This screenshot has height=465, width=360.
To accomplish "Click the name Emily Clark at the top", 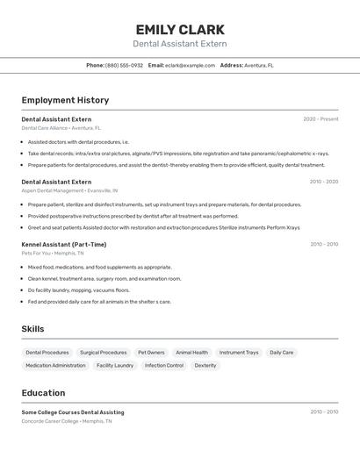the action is point(180,30).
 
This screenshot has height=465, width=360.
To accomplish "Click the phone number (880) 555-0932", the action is point(124,65).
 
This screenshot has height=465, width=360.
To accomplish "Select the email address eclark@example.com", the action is point(191,65).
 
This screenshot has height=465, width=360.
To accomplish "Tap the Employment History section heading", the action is point(65,100).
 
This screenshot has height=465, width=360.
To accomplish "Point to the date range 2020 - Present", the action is point(320,119).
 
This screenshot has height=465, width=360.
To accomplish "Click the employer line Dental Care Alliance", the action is point(61,128).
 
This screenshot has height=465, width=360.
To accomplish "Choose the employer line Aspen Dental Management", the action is point(69,190).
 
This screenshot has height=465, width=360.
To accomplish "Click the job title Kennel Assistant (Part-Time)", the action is point(64,245).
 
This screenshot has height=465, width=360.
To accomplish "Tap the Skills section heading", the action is point(32,329).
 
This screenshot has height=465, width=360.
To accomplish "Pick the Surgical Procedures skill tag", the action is point(103,353).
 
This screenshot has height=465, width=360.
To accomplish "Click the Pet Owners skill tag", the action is point(151,353).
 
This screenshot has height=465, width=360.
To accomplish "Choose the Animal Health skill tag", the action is point(191,353).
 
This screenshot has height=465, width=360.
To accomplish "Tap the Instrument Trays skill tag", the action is point(239,353).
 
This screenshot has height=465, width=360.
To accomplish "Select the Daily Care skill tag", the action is point(282,353).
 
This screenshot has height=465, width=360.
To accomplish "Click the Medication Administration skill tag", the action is point(55,366).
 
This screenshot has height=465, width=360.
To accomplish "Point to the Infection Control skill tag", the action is point(164,366).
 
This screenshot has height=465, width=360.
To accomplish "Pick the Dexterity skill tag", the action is point(205,366).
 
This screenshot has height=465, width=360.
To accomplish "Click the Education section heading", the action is point(43,393).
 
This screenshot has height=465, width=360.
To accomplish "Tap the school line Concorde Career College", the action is point(66,421).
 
